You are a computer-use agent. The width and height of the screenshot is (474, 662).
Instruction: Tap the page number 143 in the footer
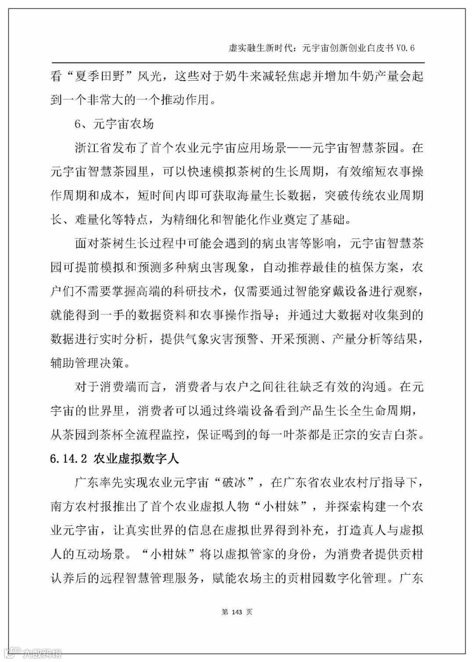[237, 612]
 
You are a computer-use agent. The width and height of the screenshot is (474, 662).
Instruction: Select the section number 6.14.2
[69, 459]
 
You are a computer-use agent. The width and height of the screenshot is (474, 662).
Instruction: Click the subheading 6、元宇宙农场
[114, 124]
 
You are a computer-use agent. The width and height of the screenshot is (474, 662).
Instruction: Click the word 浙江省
[94, 148]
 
